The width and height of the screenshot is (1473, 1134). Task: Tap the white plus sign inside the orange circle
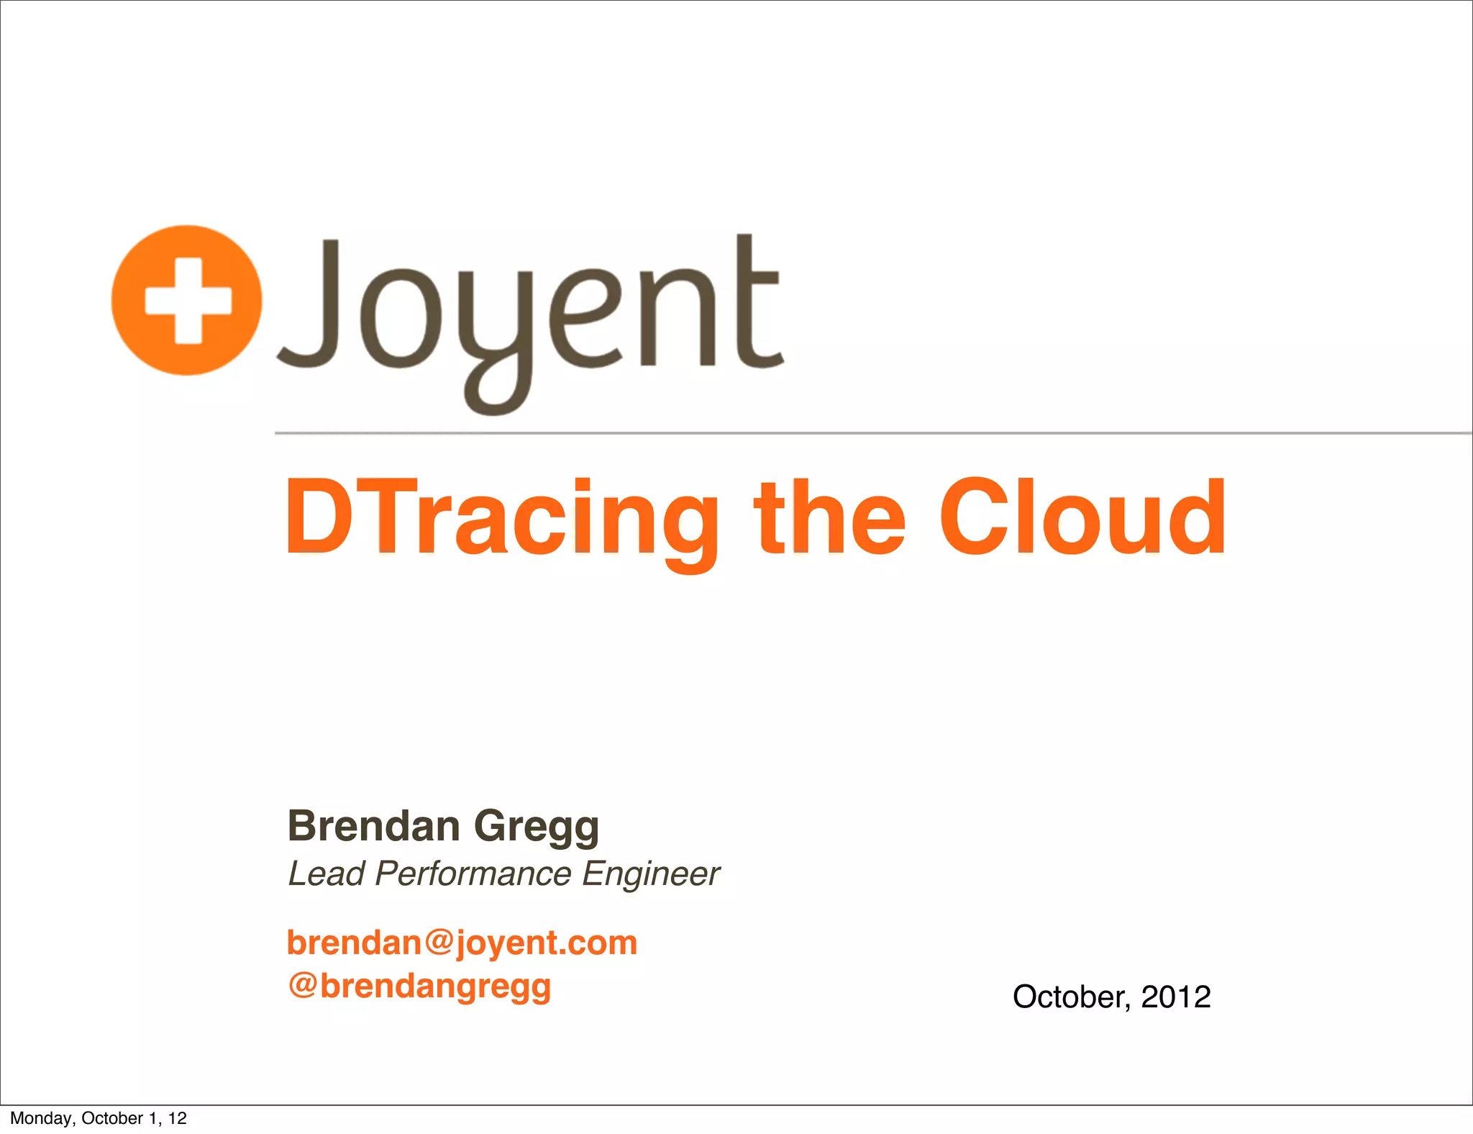pyautogui.click(x=188, y=300)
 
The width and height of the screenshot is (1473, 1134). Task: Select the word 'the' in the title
pyautogui.click(x=829, y=518)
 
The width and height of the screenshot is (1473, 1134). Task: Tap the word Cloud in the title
pyautogui.click(x=1082, y=518)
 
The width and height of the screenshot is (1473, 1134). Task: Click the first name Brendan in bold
pyautogui.click(x=373, y=825)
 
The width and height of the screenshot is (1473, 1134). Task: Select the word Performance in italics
pyautogui.click(x=473, y=874)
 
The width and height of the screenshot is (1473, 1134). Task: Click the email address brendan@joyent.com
pyautogui.click(x=462, y=943)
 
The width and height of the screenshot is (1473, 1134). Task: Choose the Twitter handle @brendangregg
pyautogui.click(x=419, y=986)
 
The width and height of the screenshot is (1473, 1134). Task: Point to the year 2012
pyautogui.click(x=1175, y=997)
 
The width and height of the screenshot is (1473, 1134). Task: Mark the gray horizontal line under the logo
pyautogui.click(x=863, y=433)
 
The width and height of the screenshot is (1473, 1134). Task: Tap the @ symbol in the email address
pyautogui.click(x=438, y=942)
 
